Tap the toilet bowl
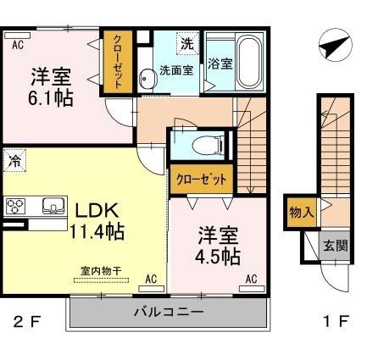207,146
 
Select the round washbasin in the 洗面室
147,78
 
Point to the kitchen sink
53,206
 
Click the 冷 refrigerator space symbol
14,161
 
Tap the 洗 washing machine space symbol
188,43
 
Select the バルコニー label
169,312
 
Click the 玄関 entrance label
336,246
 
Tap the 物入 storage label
302,212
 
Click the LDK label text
97,211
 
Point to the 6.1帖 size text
51,98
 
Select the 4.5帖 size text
218,257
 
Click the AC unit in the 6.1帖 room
18,36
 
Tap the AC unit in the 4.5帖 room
252,289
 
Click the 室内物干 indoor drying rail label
101,271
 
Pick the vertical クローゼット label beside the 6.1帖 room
118,61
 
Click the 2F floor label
28,321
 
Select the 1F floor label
336,321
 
